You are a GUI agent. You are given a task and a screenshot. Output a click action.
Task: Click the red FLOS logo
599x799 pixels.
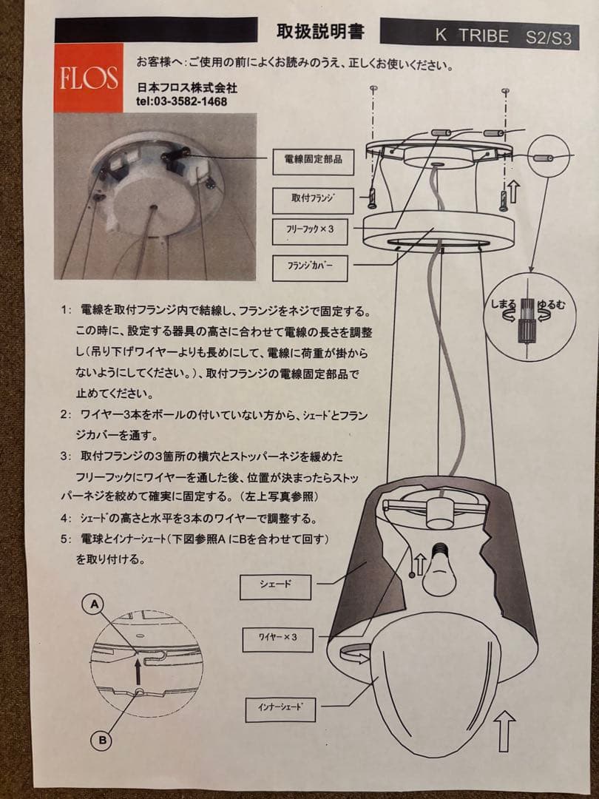(x=89, y=78)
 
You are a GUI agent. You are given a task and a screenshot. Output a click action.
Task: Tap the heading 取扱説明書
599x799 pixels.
(x=320, y=32)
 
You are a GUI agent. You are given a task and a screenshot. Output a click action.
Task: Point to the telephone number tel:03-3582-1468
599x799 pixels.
(x=181, y=101)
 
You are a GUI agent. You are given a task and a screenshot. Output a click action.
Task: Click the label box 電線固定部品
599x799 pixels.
(x=314, y=161)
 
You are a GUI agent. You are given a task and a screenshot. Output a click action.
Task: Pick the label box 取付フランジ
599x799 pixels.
(x=313, y=200)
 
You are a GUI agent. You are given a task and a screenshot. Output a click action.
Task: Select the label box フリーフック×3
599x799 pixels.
(x=310, y=231)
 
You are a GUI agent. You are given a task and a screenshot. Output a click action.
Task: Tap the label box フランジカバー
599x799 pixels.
(x=310, y=268)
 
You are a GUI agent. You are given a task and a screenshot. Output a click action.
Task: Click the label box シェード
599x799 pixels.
(x=276, y=586)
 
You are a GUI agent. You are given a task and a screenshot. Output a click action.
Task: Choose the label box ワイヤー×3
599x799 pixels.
(x=277, y=638)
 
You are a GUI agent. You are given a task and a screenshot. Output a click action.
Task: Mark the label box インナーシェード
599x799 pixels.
(x=280, y=709)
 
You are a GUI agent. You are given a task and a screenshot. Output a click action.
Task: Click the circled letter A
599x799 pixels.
(x=95, y=604)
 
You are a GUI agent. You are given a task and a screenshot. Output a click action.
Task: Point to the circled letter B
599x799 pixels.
(x=102, y=739)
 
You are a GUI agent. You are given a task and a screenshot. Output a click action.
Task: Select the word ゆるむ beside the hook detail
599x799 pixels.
(x=552, y=306)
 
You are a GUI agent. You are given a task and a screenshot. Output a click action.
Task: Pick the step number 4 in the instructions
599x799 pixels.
(x=64, y=519)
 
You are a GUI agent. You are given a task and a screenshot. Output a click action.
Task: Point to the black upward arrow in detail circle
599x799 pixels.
(x=138, y=671)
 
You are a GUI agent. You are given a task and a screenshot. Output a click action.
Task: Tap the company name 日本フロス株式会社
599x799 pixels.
(x=186, y=87)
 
